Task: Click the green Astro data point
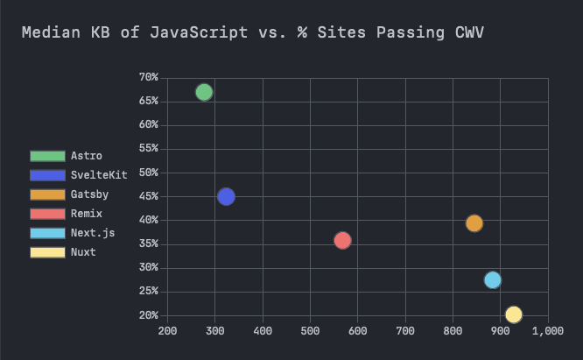204,92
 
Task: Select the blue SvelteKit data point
226,196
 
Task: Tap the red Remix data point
342,240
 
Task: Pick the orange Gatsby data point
474,223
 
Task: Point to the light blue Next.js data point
493,280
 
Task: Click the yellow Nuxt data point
514,314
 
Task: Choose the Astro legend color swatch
47,156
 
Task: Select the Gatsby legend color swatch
47,194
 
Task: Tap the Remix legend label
86,214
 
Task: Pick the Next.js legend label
92,233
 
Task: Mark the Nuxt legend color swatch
47,252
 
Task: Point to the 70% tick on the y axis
148,77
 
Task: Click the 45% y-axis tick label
148,196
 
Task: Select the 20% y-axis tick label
148,315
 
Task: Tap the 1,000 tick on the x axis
547,331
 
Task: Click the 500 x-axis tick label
310,331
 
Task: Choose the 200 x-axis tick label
167,331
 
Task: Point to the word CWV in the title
469,33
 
